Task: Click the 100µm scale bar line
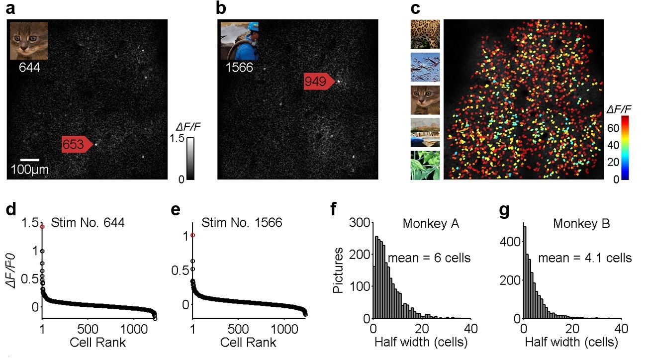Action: (30, 160)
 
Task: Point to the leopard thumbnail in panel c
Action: (425, 34)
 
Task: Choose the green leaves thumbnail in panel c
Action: (425, 165)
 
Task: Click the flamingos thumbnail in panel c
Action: (425, 67)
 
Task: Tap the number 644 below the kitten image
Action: (29, 67)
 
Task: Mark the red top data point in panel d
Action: (42, 226)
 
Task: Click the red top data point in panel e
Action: (192, 235)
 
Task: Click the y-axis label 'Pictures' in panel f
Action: (339, 271)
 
